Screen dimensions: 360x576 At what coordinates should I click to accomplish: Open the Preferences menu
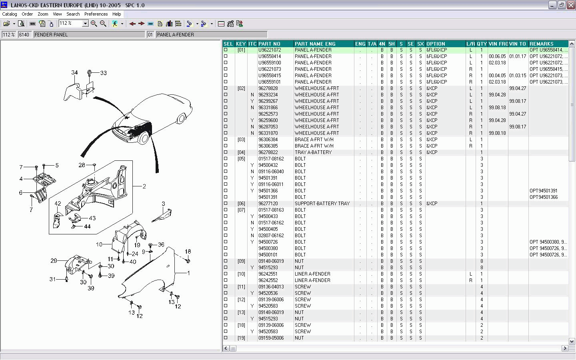[96, 14]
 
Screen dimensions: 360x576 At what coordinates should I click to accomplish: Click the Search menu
[73, 14]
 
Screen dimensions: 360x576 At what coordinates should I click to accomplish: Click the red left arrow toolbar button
[132, 24]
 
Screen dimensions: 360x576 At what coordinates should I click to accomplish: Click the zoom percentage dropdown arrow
[85, 24]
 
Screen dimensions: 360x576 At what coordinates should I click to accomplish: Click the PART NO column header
[269, 44]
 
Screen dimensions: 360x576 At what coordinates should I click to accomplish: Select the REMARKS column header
[541, 44]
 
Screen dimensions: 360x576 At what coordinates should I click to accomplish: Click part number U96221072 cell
[270, 50]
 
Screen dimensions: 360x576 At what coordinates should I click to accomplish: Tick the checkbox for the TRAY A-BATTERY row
[226, 152]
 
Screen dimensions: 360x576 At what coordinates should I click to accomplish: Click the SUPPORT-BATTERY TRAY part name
[322, 204]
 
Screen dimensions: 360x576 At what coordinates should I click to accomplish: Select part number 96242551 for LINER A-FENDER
[268, 274]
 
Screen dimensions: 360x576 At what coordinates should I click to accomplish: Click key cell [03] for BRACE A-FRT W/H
[241, 140]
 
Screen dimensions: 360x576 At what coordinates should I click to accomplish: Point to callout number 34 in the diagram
[74, 73]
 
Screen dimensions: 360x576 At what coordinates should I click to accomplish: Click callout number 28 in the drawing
[82, 165]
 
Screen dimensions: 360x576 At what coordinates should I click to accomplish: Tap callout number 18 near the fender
[188, 252]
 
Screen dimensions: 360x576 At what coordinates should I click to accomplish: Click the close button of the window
[571, 5]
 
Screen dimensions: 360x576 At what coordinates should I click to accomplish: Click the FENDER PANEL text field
[89, 35]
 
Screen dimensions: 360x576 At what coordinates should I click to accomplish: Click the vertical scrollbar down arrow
[572, 341]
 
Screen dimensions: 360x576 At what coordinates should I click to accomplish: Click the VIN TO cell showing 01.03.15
[518, 76]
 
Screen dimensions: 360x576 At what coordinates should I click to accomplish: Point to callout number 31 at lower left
[52, 279]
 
